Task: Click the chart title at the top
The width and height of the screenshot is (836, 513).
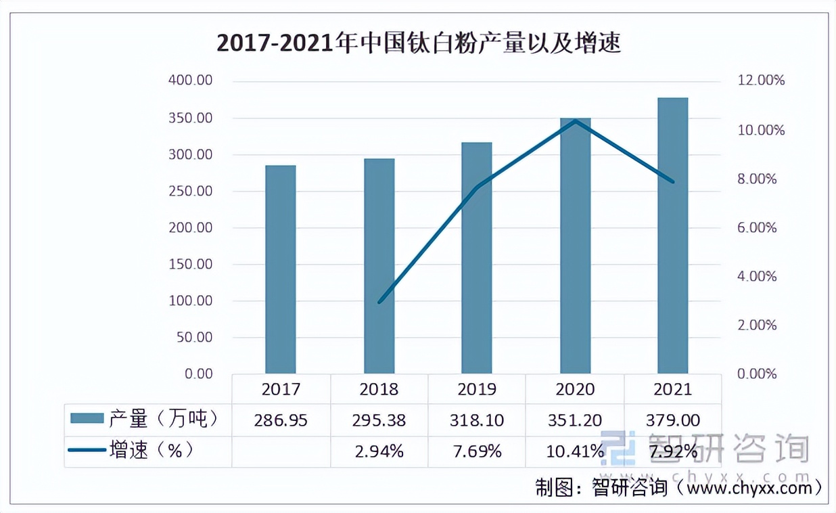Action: point(418,44)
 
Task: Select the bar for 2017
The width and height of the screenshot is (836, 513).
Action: point(280,271)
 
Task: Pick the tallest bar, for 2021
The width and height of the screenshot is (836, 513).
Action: point(672,237)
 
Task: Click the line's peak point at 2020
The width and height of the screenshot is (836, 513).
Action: point(576,121)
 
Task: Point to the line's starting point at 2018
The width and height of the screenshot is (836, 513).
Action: point(379,302)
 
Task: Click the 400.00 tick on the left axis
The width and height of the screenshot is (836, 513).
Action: point(190,81)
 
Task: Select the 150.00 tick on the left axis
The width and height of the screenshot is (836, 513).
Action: point(190,264)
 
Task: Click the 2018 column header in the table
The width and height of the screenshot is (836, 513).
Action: point(379,389)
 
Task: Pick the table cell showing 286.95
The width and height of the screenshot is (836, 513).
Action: point(281,420)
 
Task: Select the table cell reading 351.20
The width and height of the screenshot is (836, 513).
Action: point(575,420)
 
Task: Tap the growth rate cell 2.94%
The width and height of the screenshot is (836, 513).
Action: point(379,451)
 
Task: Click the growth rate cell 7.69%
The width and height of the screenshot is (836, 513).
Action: point(477,451)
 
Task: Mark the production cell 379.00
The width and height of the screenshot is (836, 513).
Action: point(672,420)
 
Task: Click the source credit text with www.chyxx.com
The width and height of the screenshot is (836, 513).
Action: point(678,488)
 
